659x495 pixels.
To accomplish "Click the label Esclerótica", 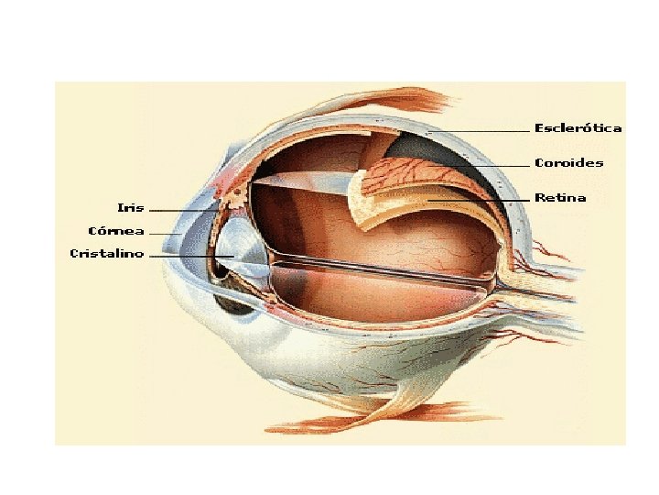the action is pyautogui.click(x=578, y=128).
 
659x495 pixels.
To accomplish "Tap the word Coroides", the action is pyautogui.click(x=568, y=163).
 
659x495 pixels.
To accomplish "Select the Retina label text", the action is pyautogui.click(x=560, y=198).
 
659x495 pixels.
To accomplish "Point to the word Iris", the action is pyautogui.click(x=131, y=207).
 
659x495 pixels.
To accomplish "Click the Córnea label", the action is pyautogui.click(x=115, y=231).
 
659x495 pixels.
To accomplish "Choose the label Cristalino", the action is pyautogui.click(x=106, y=254).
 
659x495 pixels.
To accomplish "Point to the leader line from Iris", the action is pyautogui.click(x=183, y=210).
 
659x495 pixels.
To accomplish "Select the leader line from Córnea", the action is pyautogui.click(x=165, y=234).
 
